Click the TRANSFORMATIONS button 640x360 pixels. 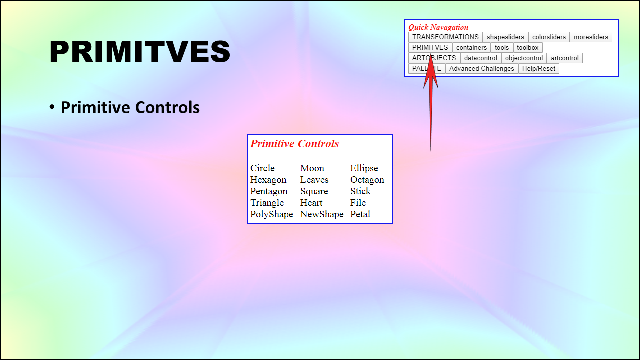coord(445,37)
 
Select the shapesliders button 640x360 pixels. coord(505,37)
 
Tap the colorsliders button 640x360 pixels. coord(549,37)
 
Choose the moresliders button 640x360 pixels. coord(591,37)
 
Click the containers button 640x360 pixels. coord(471,47)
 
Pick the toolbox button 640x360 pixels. coord(528,47)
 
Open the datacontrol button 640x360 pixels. coord(481,58)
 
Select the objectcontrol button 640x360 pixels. coord(524,58)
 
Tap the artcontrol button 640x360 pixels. coord(565,58)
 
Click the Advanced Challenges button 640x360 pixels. coord(482,69)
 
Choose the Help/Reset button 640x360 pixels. coord(539,69)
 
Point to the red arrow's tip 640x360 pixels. coord(431,53)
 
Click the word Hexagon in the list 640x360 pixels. coord(268,180)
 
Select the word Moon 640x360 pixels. coord(312,168)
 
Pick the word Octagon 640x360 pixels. coord(367,180)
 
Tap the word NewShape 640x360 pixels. coord(322,214)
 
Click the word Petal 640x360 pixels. coord(360,214)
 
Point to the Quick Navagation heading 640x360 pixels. coord(438,27)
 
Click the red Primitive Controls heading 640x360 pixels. coord(294,143)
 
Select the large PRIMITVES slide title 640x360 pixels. coord(140,51)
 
